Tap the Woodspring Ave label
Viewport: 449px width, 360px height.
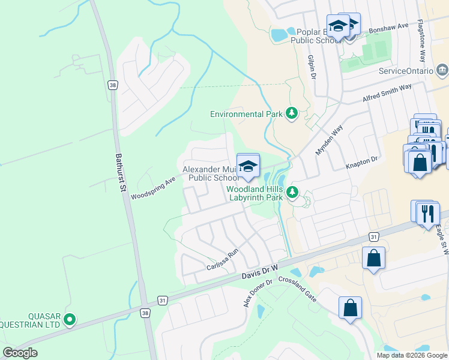pyautogui.click(x=153, y=187)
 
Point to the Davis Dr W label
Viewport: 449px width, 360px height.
pyautogui.click(x=261, y=271)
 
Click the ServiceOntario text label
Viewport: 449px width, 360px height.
pyautogui.click(x=406, y=71)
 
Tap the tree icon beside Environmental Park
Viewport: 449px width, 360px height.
pyautogui.click(x=292, y=113)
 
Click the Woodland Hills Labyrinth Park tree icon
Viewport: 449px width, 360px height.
pyautogui.click(x=292, y=192)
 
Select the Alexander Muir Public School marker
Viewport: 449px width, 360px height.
pyautogui.click(x=248, y=166)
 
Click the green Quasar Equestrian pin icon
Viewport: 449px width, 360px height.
pyautogui.click(x=70, y=320)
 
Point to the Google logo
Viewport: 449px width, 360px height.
pyautogui.click(x=20, y=353)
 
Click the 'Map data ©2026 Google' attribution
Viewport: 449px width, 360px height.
pyautogui.click(x=411, y=355)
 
